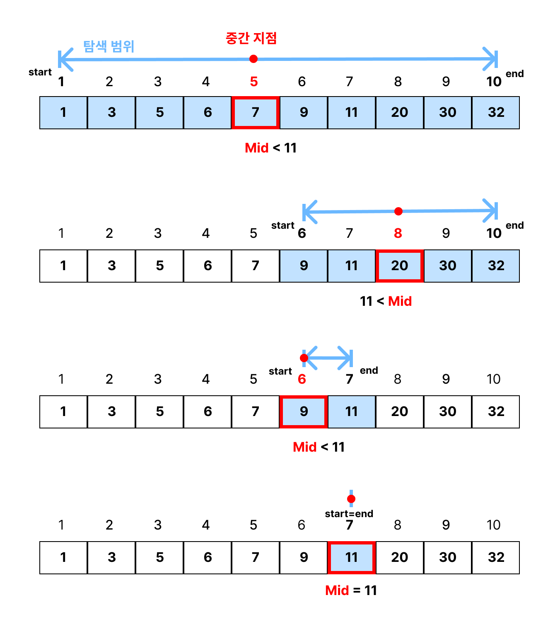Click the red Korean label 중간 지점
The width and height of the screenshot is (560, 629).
coord(251,38)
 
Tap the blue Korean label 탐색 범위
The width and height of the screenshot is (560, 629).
coord(109,46)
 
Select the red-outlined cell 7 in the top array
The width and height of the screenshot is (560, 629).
coord(256,112)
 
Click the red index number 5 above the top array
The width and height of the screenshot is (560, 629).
coord(254,82)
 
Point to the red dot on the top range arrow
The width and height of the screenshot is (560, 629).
coord(253,59)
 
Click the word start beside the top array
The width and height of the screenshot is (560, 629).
coord(40,72)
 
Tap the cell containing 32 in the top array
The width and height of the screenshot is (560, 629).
coord(496,112)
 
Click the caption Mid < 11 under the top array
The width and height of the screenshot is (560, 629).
coord(270,148)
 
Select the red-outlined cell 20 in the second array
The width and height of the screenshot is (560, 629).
coord(400,266)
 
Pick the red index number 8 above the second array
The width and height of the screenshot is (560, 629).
coord(398,233)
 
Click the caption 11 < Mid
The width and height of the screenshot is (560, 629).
coord(386,301)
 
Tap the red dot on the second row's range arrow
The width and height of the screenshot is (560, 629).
coord(398,211)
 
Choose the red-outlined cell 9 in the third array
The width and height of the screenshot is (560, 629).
coord(304,411)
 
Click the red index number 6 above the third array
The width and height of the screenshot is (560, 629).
coord(302,379)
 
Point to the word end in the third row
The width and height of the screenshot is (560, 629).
coord(369,370)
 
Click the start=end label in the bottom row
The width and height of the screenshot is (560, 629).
coord(349,514)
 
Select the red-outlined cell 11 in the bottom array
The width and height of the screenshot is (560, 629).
coord(352,557)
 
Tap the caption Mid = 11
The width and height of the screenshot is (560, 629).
coord(351,590)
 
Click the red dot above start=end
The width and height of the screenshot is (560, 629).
coord(351,498)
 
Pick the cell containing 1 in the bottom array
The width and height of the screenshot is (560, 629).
coord(63,557)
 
